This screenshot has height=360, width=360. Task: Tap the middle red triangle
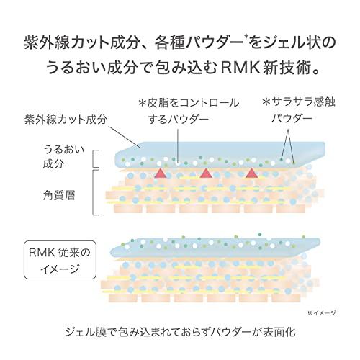204,174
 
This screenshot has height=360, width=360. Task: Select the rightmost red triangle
251,174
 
